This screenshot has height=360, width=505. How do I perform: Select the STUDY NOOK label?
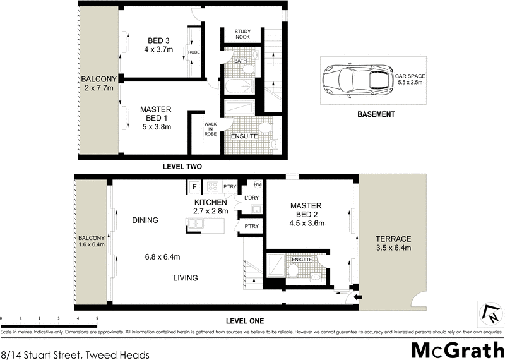click(242, 34)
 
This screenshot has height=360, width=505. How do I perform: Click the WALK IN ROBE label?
click(210, 129)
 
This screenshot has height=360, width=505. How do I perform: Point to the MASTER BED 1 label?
click(156, 117)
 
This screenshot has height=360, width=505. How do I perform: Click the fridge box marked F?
click(194, 186)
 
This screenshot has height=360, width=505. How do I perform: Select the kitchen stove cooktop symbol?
click(213, 186)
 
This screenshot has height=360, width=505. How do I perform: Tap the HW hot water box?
click(256, 184)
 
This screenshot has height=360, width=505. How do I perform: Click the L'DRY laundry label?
click(251, 198)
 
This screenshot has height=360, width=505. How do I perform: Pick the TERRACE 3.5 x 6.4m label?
click(393, 243)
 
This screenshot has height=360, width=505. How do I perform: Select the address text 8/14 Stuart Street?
click(75, 354)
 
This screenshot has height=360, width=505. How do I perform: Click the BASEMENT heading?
click(376, 114)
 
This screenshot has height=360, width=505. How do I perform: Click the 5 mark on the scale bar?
click(97, 318)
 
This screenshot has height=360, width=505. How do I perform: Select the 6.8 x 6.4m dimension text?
click(163, 256)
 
